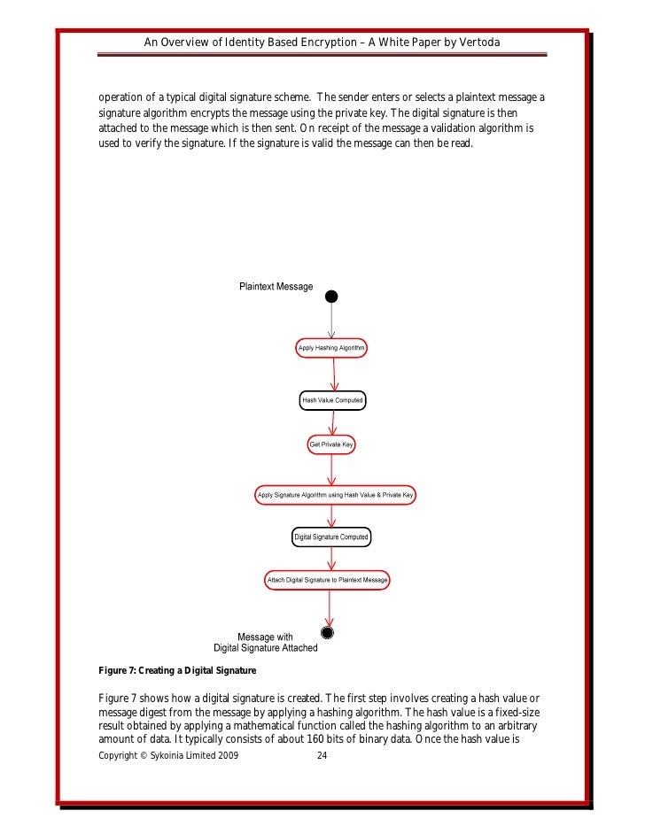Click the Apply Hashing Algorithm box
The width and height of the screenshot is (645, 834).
tap(331, 349)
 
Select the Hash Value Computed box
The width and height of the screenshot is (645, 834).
tap(332, 400)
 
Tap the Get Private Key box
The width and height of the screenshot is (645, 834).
tap(331, 443)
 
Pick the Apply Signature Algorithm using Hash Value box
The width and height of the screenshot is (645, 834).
tap(335, 494)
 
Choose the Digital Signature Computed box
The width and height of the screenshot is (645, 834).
tap(331, 537)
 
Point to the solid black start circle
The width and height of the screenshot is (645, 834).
tap(331, 295)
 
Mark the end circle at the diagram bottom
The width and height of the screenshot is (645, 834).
tap(328, 632)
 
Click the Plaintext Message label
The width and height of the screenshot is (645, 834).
tap(276, 287)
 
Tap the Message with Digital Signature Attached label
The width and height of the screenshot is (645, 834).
tap(265, 642)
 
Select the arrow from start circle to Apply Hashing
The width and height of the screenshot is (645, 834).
tap(331, 320)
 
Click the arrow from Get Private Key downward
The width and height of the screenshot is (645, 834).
tap(331, 467)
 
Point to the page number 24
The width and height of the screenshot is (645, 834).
tap(322, 757)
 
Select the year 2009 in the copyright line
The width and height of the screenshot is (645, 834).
tap(226, 757)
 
